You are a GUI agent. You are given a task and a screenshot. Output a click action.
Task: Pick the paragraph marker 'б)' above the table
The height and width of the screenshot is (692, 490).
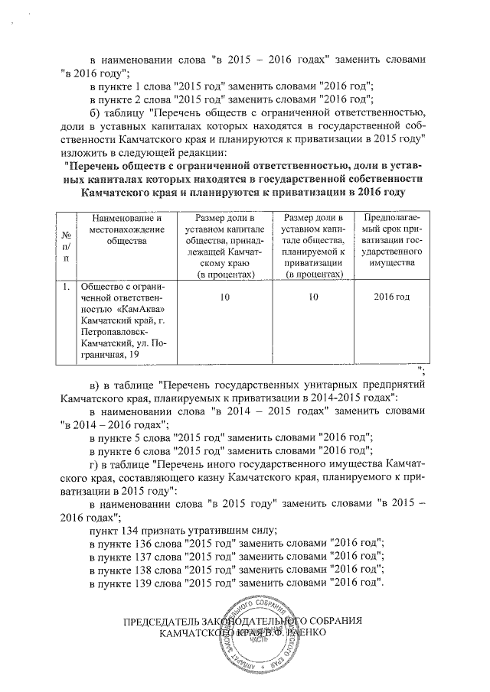(x=95, y=111)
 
